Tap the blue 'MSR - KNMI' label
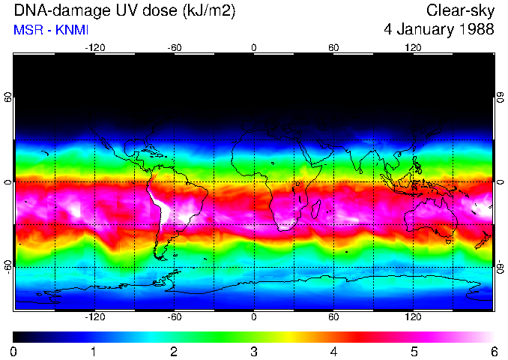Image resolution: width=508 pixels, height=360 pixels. pyautogui.click(x=49, y=30)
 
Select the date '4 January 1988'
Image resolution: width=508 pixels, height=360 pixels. pyautogui.click(x=438, y=30)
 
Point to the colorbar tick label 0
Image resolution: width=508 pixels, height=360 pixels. pyautogui.click(x=13, y=351)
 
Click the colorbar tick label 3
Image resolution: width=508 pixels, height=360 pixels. pyautogui.click(x=253, y=351)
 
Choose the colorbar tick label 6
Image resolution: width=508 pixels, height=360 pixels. pyautogui.click(x=493, y=351)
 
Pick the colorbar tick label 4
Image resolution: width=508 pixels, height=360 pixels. pyautogui.click(x=333, y=351)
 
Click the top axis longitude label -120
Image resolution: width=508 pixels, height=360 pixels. pyautogui.click(x=94, y=47)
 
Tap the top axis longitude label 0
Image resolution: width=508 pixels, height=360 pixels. pyautogui.click(x=254, y=47)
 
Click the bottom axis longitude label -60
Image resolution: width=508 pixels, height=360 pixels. pyautogui.click(x=175, y=316)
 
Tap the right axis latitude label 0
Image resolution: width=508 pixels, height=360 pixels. pyautogui.click(x=500, y=182)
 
